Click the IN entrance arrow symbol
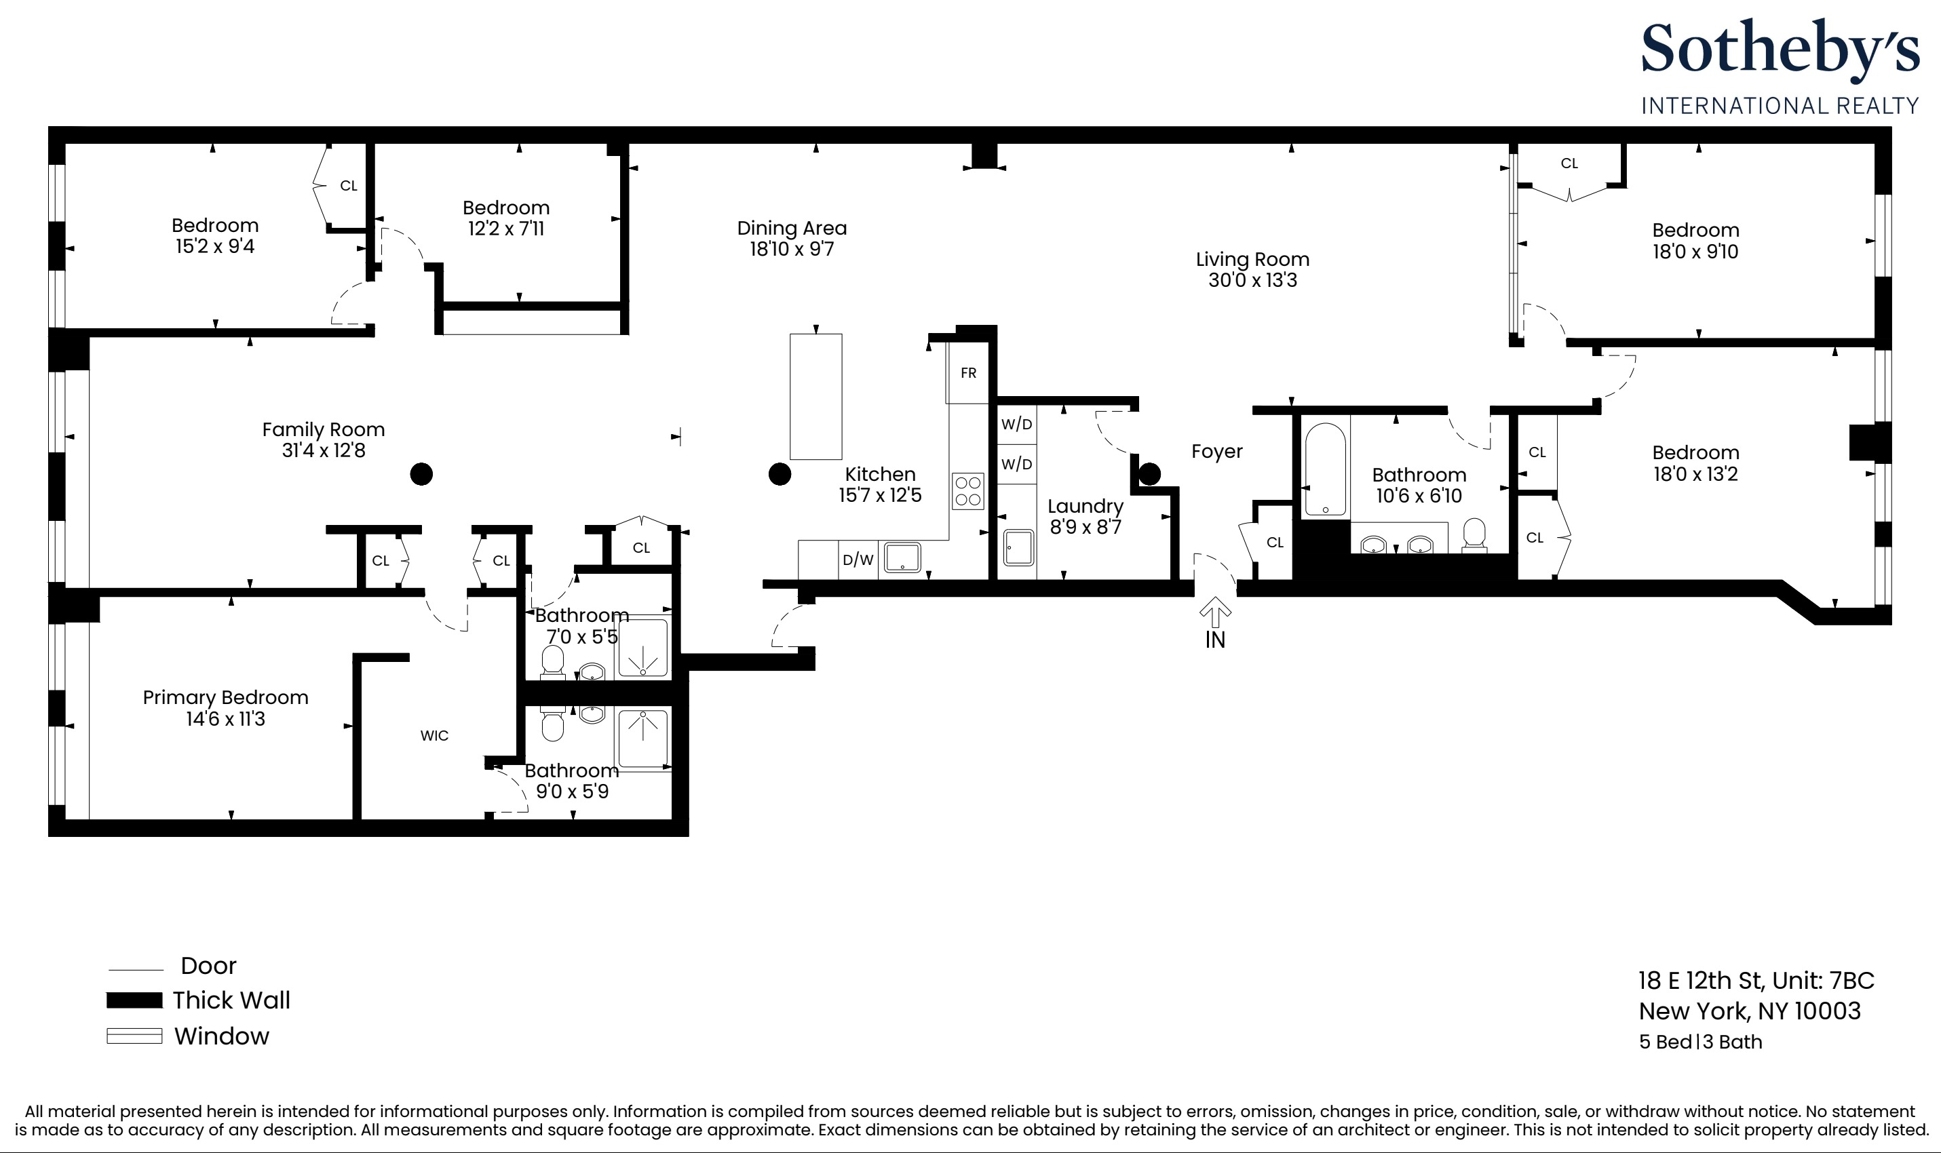(1215, 613)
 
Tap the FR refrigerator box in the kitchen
(968, 373)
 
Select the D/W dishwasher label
(858, 560)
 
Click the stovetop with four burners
(968, 491)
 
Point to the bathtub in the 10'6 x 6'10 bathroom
(1325, 469)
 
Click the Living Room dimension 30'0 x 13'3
(1252, 281)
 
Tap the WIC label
(434, 736)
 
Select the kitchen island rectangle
(816, 396)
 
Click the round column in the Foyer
(1150, 473)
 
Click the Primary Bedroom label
(225, 697)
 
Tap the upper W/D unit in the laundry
(1016, 424)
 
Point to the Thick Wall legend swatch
(134, 1000)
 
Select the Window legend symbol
(134, 1036)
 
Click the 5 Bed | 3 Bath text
(1700, 1042)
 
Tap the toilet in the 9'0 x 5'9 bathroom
(552, 724)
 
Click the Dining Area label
(792, 229)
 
